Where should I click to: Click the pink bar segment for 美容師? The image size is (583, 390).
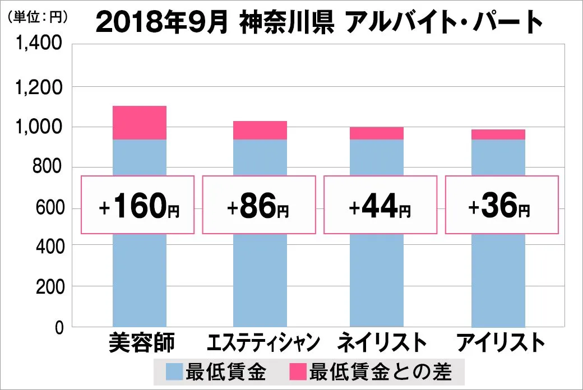pos(140,123)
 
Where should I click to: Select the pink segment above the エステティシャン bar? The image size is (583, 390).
pos(260,130)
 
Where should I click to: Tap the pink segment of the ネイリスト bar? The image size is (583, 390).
pos(376,133)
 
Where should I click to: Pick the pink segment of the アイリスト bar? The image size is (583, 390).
pos(498,134)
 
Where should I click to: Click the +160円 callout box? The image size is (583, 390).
pos(138,205)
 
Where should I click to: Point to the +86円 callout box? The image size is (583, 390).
pos(259,205)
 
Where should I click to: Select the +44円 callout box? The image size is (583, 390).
pos(380,205)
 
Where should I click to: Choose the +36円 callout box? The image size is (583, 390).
pos(502,205)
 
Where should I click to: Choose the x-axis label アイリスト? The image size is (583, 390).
pos(500,343)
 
